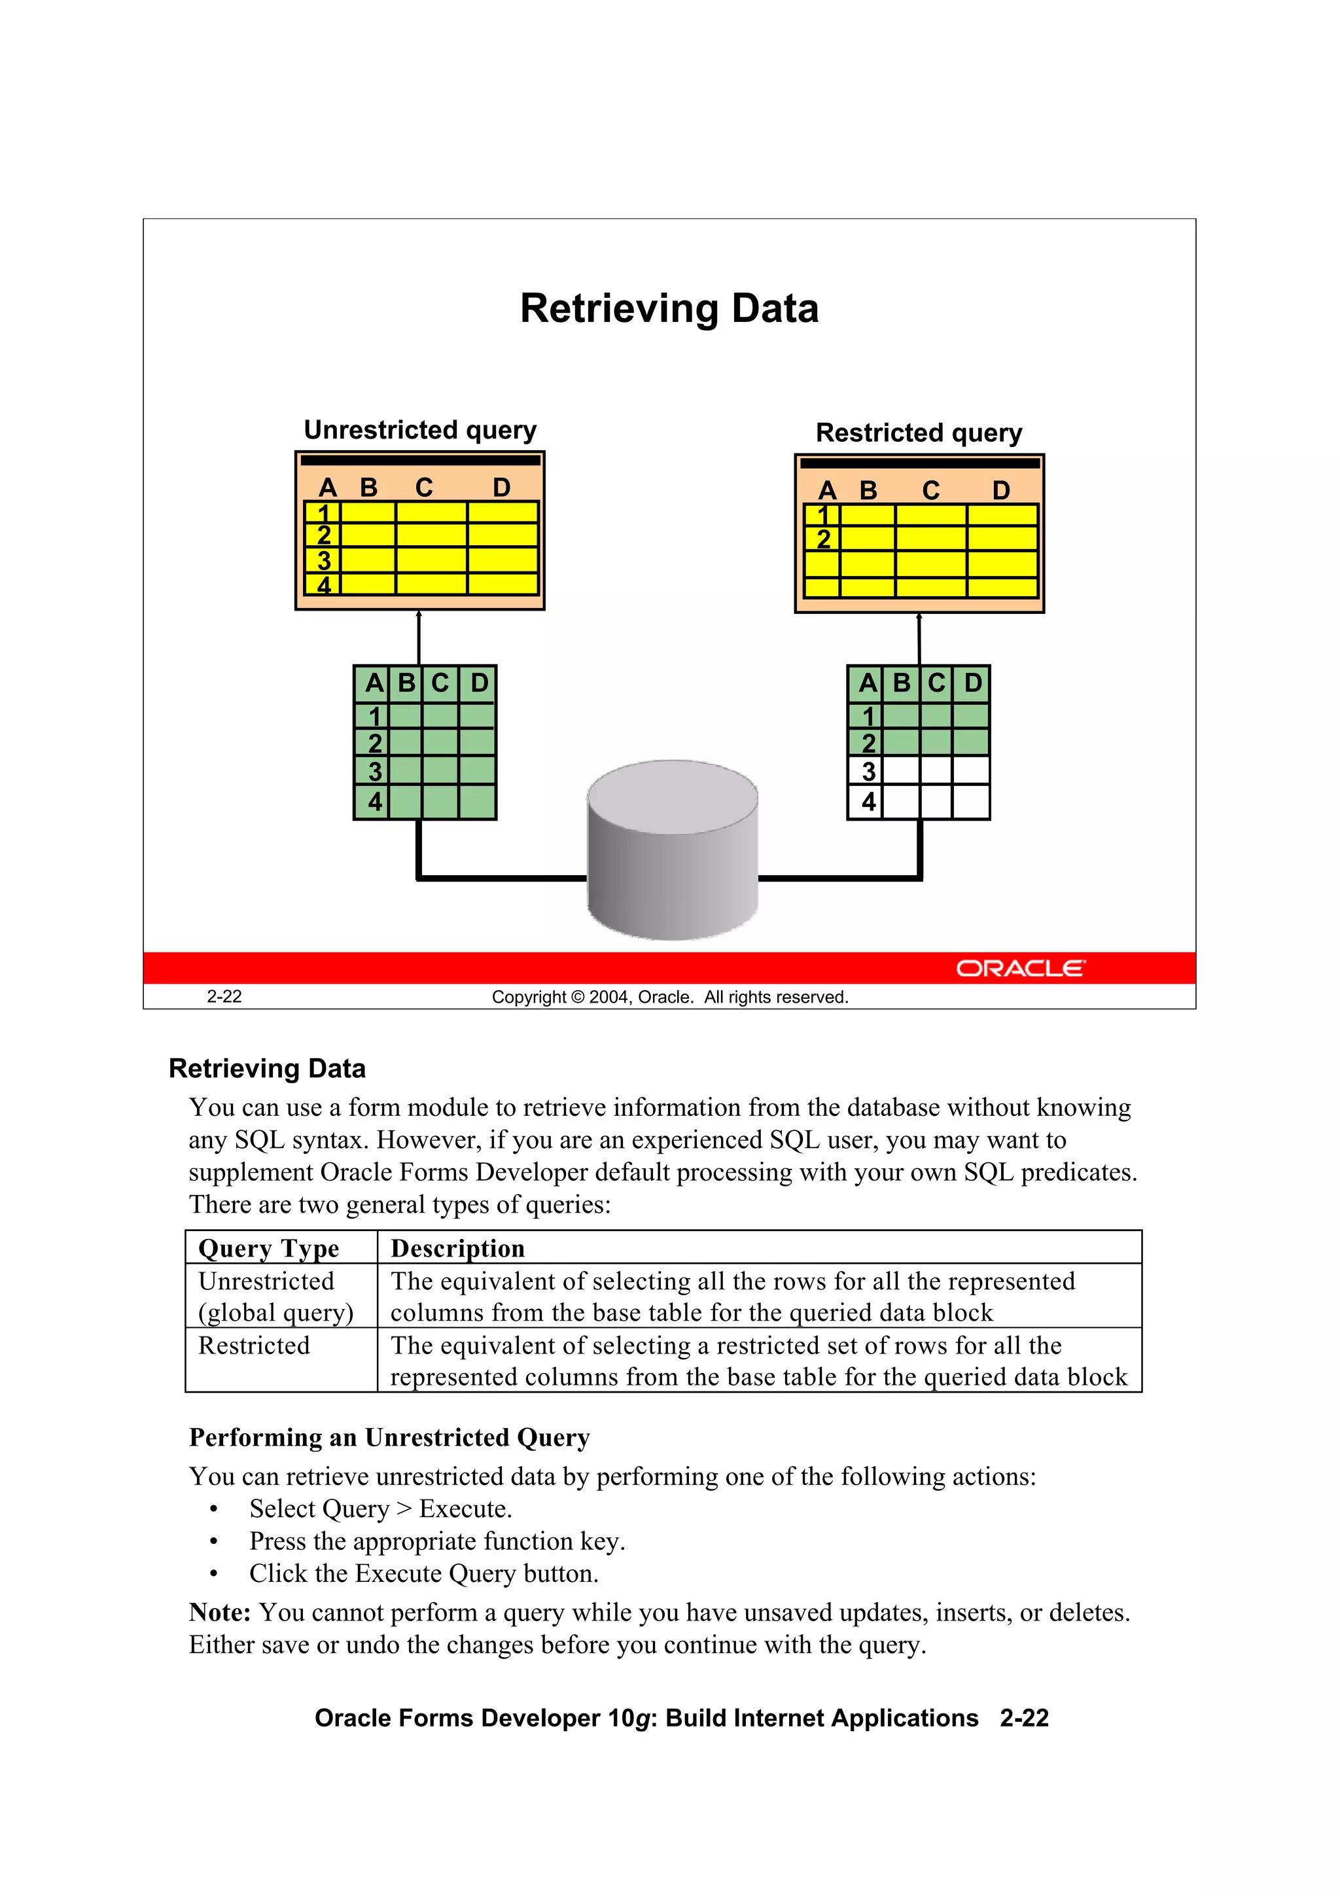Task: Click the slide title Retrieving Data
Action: click(x=669, y=309)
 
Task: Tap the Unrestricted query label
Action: click(x=419, y=430)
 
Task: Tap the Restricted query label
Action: click(x=918, y=433)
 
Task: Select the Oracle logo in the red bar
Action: click(x=1021, y=968)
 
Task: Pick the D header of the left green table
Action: click(x=479, y=683)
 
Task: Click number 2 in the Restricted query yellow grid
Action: click(x=823, y=539)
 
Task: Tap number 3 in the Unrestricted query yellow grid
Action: click(x=324, y=561)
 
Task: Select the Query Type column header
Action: click(x=268, y=1248)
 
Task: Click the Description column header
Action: click(x=457, y=1248)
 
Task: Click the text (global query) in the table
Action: click(x=275, y=1312)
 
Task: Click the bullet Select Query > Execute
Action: click(x=381, y=1509)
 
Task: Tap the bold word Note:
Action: click(x=220, y=1612)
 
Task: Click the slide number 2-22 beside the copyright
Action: click(x=224, y=997)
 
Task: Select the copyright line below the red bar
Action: click(x=669, y=997)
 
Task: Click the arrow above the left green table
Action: click(x=419, y=637)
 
